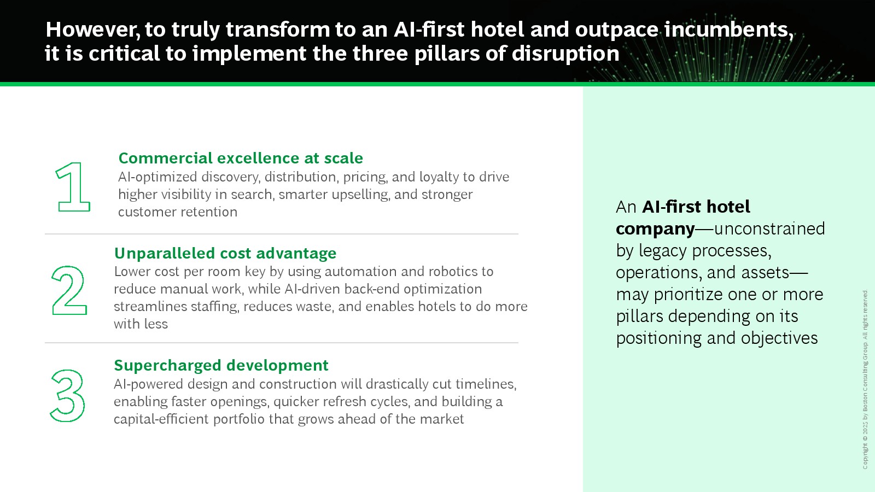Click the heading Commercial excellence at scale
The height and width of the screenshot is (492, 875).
pos(241,158)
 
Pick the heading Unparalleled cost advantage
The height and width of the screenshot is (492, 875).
pos(225,254)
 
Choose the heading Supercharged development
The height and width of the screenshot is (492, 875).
pos(221,366)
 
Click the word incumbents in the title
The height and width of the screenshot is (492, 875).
pos(729,30)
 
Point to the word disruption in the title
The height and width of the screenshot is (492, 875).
pos(565,54)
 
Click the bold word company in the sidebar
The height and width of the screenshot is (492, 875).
pos(655,229)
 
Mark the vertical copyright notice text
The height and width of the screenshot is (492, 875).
pos(865,379)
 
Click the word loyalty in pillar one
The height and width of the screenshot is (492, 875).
pos(439,177)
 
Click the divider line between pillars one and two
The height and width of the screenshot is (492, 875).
pos(282,234)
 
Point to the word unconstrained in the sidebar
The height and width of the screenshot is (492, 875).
pos(769,229)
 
